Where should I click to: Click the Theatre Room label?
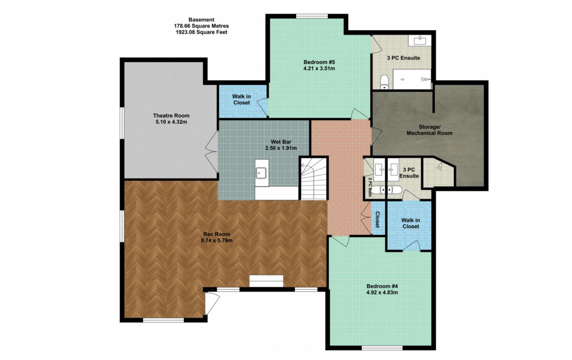[171, 116]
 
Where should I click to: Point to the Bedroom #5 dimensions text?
[319, 68]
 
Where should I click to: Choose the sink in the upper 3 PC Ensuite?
[420, 40]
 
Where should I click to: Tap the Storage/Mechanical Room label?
[429, 130]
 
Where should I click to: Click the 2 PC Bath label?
[370, 187]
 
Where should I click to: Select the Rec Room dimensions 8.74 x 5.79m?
[217, 241]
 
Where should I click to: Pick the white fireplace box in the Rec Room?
[266, 281]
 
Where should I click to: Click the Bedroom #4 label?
[382, 286]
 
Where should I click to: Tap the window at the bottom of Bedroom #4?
[382, 348]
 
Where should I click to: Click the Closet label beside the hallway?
[378, 220]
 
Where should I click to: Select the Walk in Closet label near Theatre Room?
[242, 99]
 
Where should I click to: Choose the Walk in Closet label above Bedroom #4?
[410, 223]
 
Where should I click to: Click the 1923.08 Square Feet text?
[201, 32]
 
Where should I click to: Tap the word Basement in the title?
[201, 20]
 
